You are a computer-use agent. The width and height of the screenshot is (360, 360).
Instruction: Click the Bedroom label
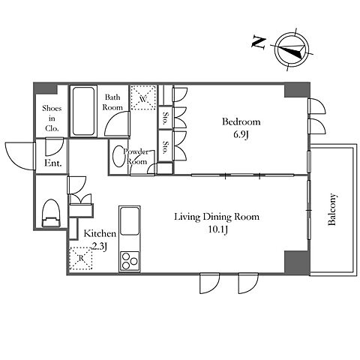click(241, 121)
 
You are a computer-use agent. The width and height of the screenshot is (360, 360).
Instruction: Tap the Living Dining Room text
click(217, 217)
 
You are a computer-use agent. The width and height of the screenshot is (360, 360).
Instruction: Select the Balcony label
click(332, 209)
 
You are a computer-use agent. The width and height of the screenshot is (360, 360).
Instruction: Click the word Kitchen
click(100, 233)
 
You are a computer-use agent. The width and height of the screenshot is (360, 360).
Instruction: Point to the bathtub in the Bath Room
click(83, 111)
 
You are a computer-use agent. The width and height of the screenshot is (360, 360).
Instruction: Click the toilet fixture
click(51, 213)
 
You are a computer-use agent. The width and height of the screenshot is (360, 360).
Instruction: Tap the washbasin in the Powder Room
click(118, 157)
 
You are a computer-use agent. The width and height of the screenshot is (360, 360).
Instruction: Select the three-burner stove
click(130, 261)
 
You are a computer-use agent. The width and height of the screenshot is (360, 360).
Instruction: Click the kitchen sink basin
click(130, 220)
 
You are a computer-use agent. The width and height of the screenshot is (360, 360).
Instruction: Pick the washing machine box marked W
click(143, 97)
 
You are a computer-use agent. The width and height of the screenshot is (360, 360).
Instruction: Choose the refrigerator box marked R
click(81, 258)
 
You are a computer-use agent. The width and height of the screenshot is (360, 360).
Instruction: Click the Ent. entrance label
click(52, 163)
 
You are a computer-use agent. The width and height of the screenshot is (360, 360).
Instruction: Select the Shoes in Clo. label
click(52, 118)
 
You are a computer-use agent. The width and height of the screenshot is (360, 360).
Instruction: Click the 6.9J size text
click(241, 135)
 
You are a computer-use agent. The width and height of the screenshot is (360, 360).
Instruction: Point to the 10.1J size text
click(217, 229)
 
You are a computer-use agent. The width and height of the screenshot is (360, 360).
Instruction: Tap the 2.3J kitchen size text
click(100, 247)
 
